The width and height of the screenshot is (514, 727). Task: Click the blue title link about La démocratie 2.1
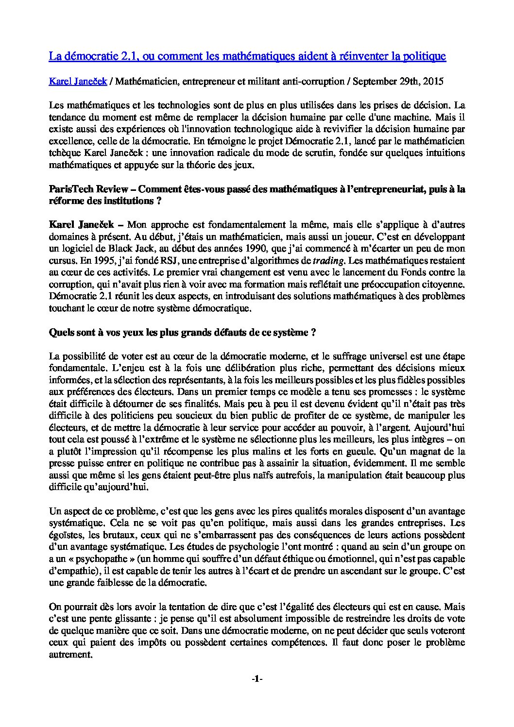(x=247, y=56)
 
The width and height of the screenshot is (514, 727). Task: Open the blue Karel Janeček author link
(x=78, y=82)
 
